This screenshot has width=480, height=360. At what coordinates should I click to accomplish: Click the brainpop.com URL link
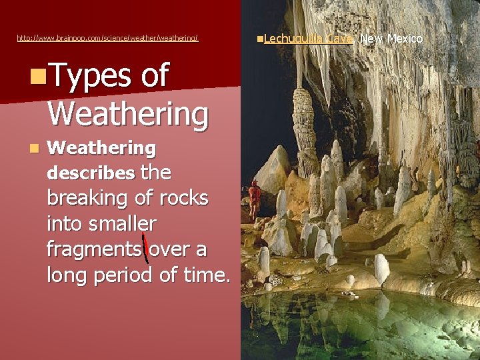(107, 39)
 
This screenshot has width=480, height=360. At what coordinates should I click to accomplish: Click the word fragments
(93, 249)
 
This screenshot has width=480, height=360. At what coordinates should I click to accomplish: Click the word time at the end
(200, 275)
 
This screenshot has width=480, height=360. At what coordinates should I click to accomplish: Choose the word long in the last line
(65, 275)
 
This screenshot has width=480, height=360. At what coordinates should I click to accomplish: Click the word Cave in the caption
(341, 39)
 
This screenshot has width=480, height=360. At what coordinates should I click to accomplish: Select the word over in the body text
(169, 249)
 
